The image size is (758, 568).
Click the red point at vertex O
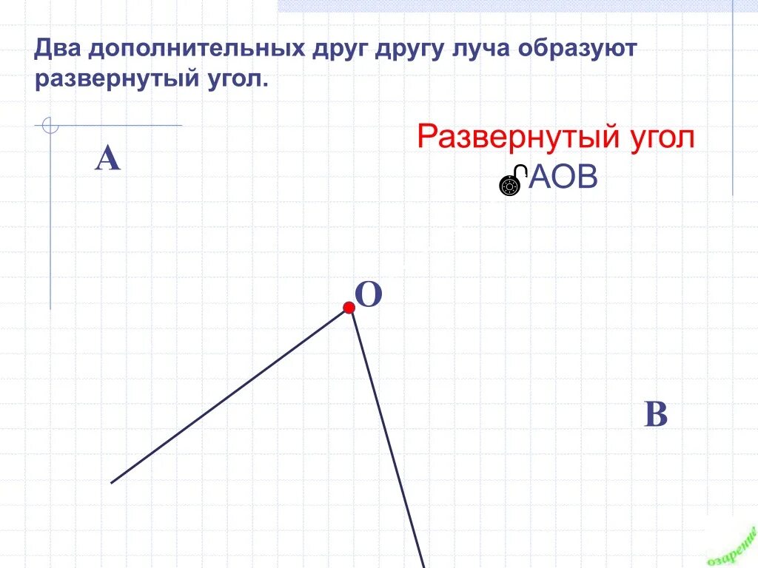(349, 308)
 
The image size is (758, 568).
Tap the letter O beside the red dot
(369, 295)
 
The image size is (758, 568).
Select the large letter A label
(107, 158)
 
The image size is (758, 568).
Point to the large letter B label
(656, 415)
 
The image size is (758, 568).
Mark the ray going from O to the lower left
(229, 396)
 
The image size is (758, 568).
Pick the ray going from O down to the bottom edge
(386, 436)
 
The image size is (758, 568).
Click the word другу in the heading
(404, 51)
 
